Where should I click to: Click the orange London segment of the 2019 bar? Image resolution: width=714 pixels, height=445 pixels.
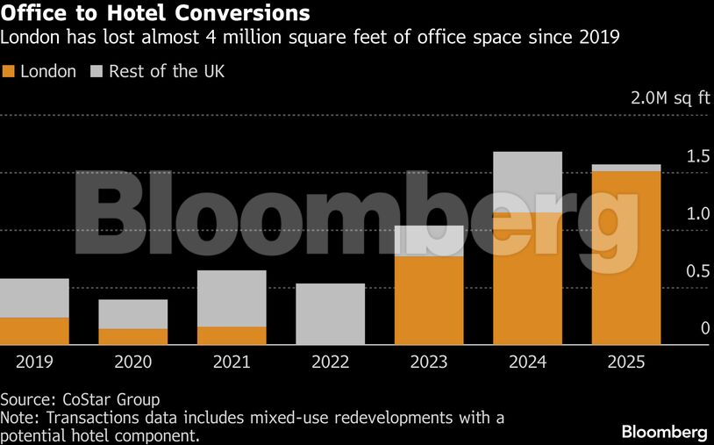(x=34, y=331)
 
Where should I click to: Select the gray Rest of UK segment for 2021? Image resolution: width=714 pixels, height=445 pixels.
(x=232, y=298)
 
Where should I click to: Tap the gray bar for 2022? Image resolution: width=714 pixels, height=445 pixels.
(x=331, y=313)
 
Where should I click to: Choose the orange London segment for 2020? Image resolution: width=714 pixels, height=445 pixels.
(x=133, y=336)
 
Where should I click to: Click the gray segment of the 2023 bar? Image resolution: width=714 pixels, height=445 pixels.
(x=429, y=240)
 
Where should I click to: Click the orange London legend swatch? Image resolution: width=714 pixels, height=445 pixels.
(x=9, y=72)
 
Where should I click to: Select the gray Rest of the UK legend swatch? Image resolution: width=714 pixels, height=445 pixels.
(x=97, y=72)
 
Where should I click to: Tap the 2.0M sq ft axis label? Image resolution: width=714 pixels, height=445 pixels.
(x=670, y=97)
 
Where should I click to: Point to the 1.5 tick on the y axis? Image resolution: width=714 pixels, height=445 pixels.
(x=698, y=156)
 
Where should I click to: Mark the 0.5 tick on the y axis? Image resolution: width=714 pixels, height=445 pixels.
(x=698, y=271)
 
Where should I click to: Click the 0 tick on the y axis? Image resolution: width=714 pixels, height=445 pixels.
(x=704, y=328)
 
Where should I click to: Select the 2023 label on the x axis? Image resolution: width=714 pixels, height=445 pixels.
(x=429, y=362)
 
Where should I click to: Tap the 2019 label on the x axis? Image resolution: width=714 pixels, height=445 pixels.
(x=34, y=362)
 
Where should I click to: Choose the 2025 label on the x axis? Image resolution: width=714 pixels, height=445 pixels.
(x=626, y=362)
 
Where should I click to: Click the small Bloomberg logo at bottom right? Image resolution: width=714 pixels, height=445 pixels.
(x=664, y=432)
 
